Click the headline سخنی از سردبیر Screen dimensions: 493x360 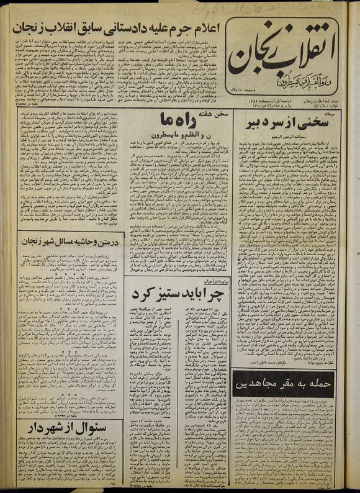pyautogui.click(x=286, y=120)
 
